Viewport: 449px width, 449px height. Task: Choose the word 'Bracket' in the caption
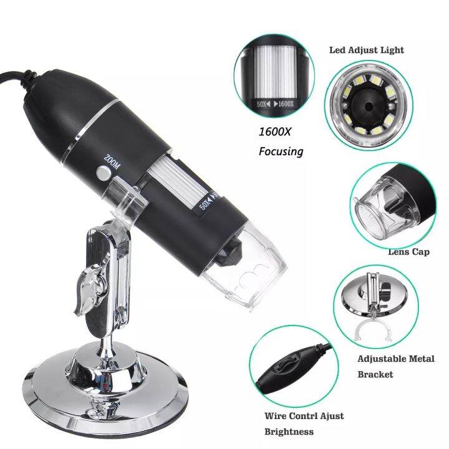coord(375,374)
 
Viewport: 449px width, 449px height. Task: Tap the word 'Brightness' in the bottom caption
coord(289,432)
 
